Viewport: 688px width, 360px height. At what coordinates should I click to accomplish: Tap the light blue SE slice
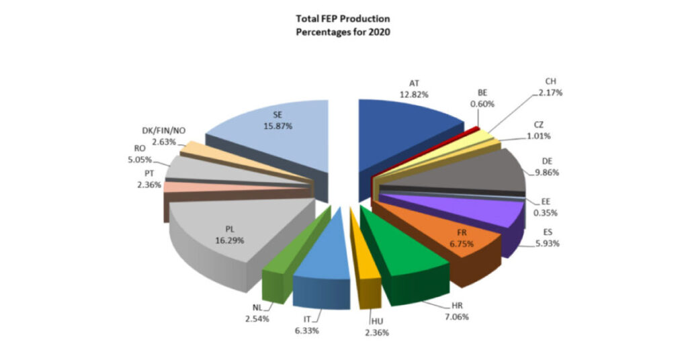pyautogui.click(x=282, y=134)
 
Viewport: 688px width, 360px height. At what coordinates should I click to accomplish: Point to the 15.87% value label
pyautogui.click(x=278, y=126)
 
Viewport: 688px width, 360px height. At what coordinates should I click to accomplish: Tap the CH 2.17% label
pyautogui.click(x=549, y=86)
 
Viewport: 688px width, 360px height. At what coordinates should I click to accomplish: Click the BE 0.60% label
pyautogui.click(x=482, y=98)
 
